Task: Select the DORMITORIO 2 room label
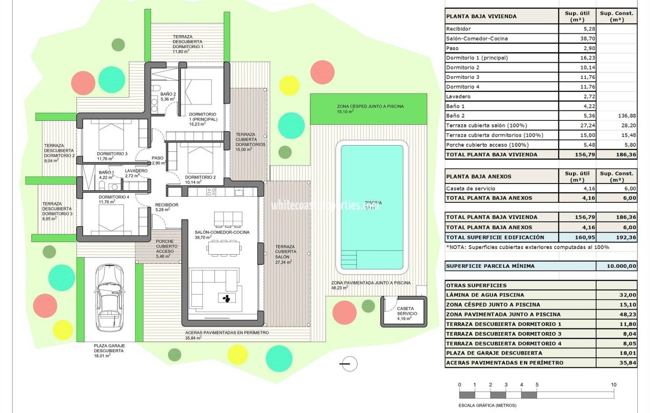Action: pos(200,177)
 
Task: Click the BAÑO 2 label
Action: pos(168,94)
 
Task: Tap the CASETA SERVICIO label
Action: pos(405,311)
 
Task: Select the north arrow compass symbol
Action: pos(348,364)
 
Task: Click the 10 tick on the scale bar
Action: pos(613,385)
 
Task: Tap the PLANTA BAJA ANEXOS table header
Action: pos(479,177)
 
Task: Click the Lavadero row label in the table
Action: pos(458,97)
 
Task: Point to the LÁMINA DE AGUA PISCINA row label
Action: pos(485,295)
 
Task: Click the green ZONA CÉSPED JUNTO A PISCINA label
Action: pos(370,106)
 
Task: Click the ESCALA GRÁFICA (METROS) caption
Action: pos(487,405)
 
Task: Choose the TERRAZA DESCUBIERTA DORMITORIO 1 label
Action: pos(187,42)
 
